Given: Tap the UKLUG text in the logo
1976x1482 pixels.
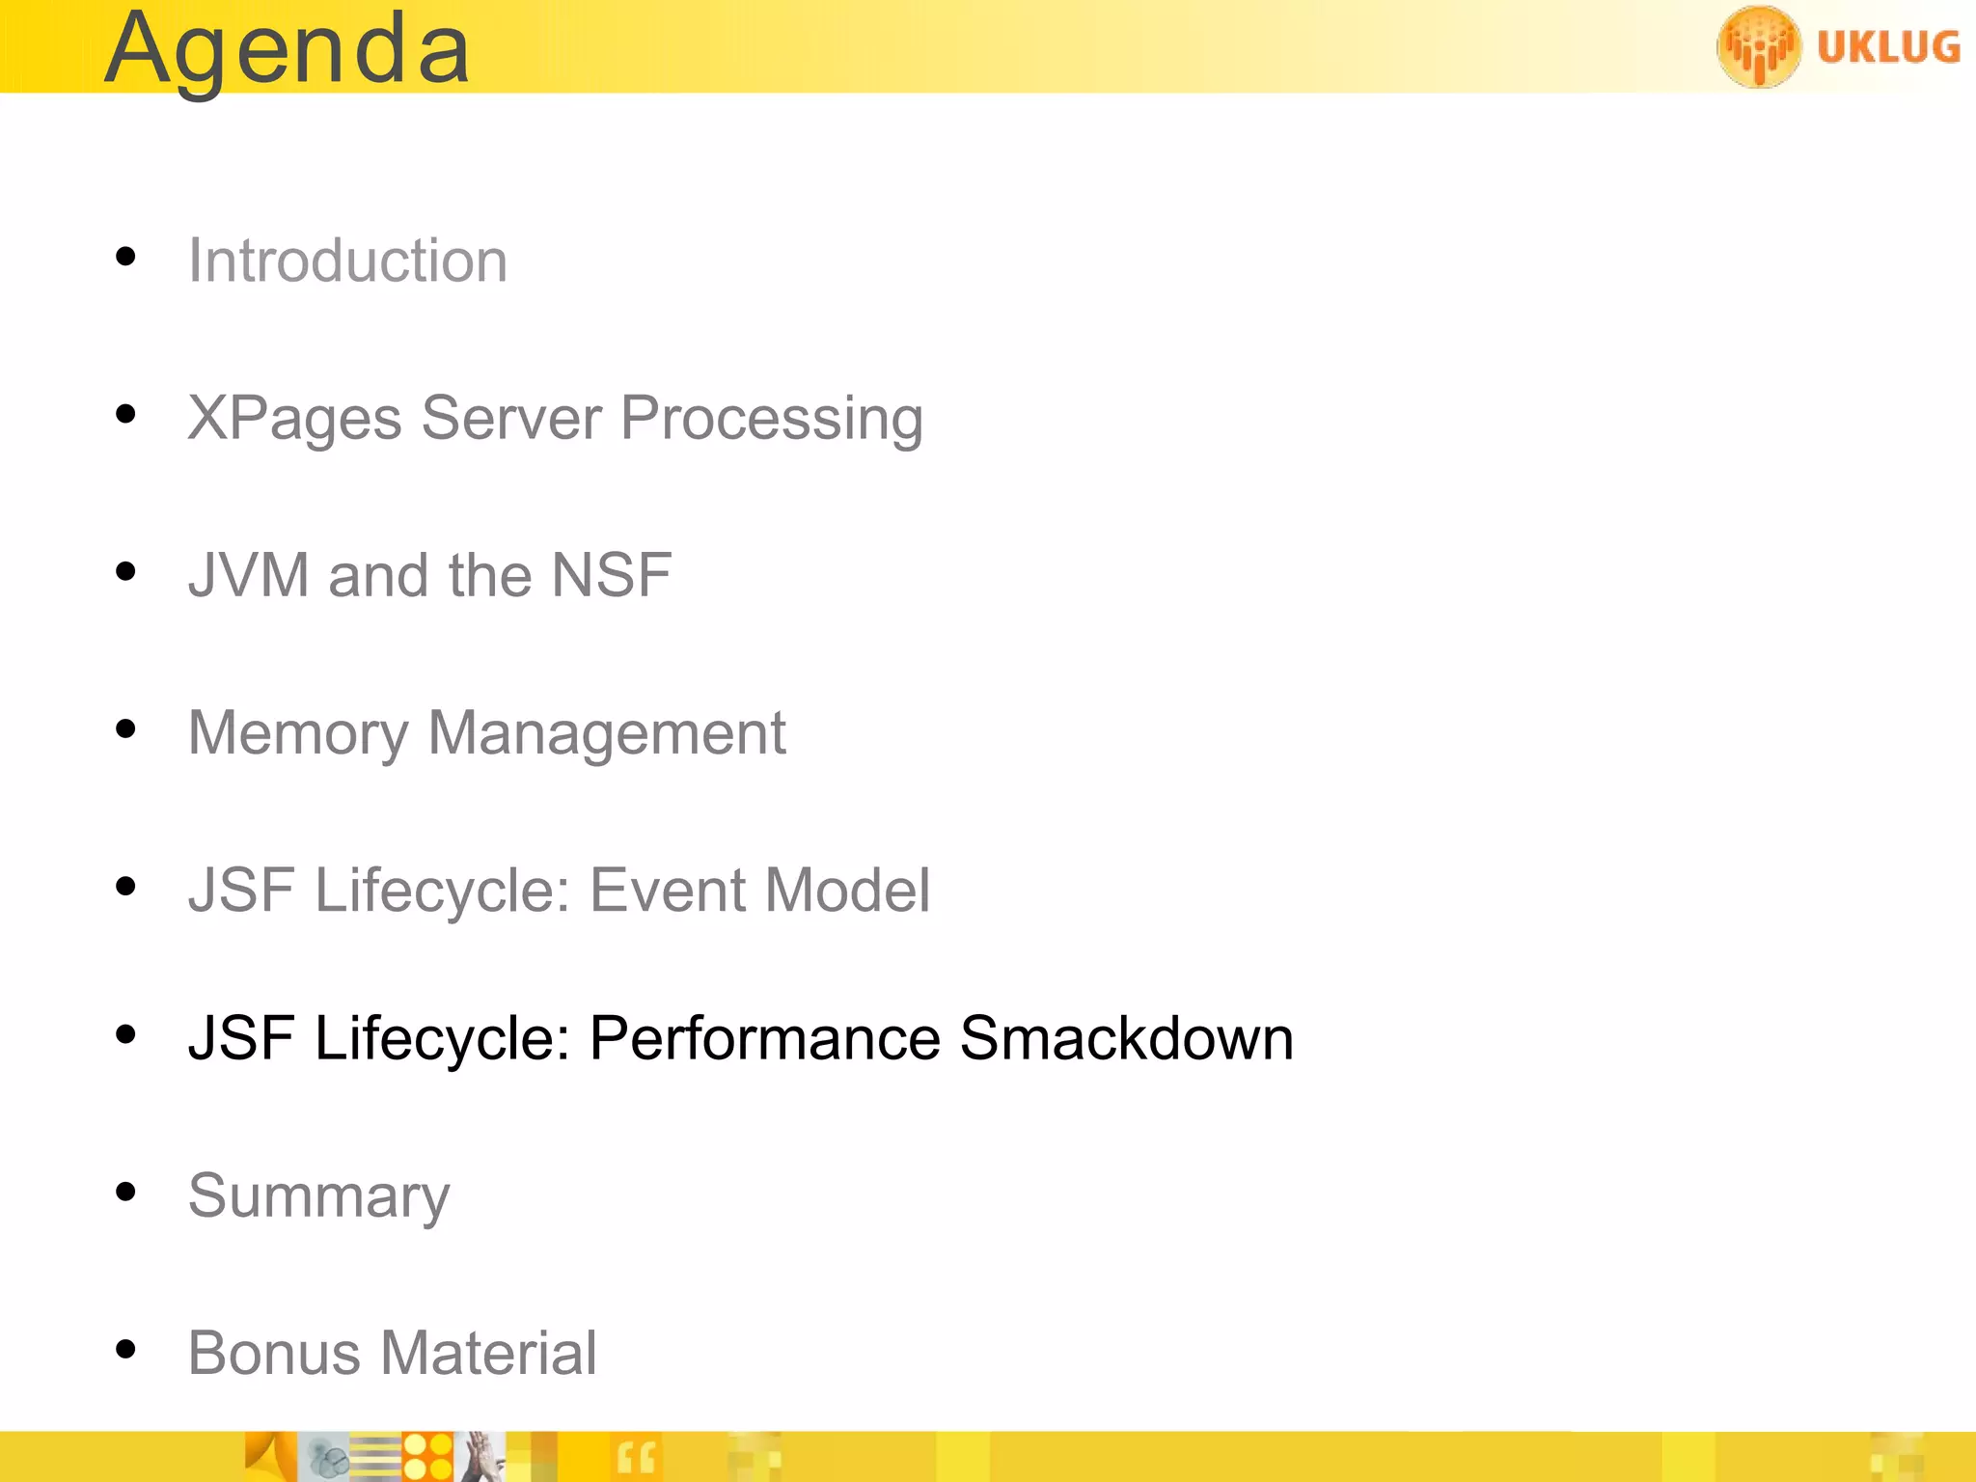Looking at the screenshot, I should [1888, 47].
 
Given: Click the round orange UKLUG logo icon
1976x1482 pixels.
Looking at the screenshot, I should [1758, 46].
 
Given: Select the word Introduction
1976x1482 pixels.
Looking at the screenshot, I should [347, 261].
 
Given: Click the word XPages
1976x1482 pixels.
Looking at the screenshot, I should [294, 420].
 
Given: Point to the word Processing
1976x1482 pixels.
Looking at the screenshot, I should [771, 420].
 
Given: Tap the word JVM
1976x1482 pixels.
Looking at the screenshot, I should [248, 576].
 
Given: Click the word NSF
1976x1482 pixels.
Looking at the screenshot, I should [611, 576].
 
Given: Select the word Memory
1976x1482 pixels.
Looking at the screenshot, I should [297, 733].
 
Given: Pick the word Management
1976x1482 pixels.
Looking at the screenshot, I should [607, 733].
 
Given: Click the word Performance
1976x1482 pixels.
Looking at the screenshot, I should [764, 1039].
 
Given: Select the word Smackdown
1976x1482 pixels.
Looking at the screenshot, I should [1126, 1039].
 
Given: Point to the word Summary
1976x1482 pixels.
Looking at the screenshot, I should [318, 1196].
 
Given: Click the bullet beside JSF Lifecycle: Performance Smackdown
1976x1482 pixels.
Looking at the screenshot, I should [125, 1035].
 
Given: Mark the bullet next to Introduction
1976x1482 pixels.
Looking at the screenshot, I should [125, 257].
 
